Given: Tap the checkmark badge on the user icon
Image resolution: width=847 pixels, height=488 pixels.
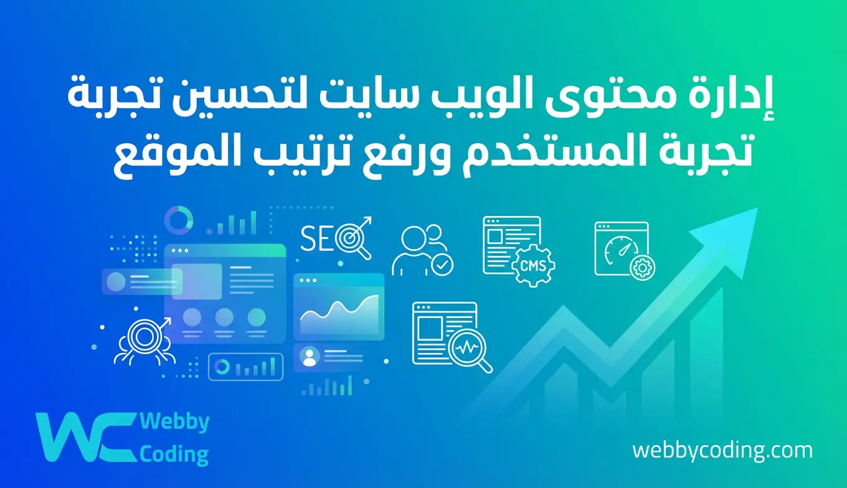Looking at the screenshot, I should pyautogui.click(x=443, y=265).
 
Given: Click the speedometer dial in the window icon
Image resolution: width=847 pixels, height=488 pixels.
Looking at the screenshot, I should pyautogui.click(x=615, y=247).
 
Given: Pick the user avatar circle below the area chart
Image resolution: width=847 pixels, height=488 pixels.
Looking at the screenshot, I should pyautogui.click(x=310, y=355).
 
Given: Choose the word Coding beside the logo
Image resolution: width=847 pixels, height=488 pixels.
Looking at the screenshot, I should pyautogui.click(x=174, y=454).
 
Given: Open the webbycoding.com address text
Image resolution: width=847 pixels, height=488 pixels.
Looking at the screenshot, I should pyautogui.click(x=722, y=450).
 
